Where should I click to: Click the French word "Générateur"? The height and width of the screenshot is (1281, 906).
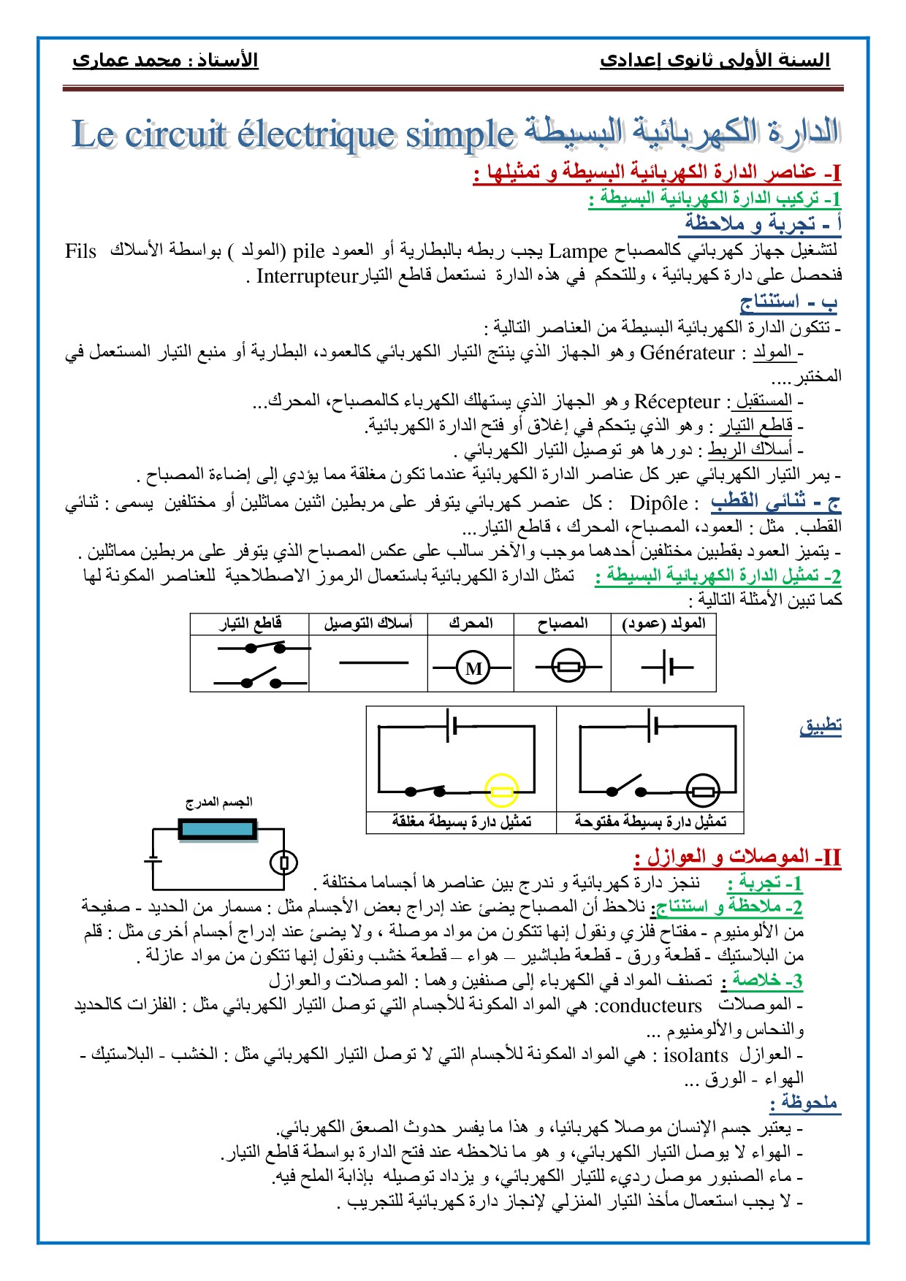pos(687,353)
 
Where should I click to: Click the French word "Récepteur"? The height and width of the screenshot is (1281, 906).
pos(677,402)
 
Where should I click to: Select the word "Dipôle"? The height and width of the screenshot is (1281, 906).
pos(658,503)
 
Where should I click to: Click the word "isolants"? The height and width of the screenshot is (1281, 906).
pos(696,1056)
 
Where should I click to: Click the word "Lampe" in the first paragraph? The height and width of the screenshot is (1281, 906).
pos(578,252)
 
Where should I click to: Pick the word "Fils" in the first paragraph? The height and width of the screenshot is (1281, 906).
pos(80,252)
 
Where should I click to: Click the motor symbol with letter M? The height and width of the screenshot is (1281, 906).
pos(473,668)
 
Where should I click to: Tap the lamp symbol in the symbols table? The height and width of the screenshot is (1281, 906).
pos(568,667)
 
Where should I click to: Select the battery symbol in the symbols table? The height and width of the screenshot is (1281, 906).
pos(666,667)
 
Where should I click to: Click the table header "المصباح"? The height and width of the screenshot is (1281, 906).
pos(562,624)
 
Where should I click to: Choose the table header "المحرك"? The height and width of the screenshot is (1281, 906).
pos(471,624)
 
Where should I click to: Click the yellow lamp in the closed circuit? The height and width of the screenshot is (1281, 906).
pos(502,791)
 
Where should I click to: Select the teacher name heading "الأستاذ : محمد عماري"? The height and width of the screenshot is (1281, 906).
pos(165,60)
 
